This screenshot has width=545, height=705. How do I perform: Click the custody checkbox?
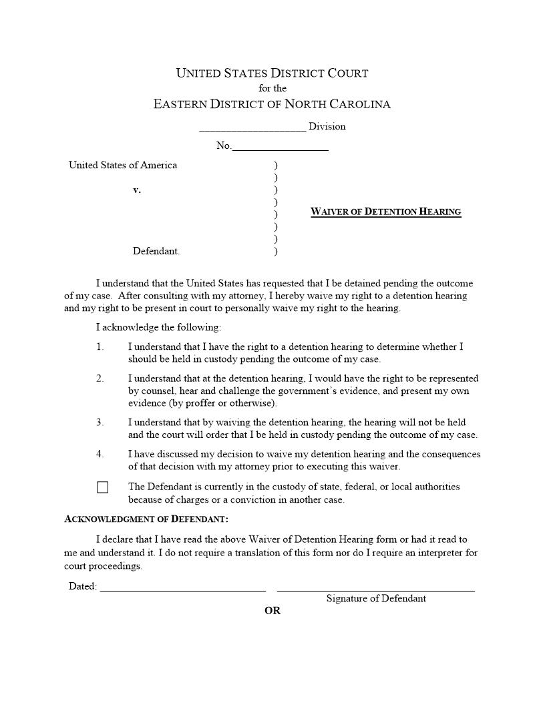point(102,487)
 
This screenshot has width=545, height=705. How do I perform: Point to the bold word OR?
point(272,611)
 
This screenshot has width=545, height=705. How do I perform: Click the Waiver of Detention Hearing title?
point(386,212)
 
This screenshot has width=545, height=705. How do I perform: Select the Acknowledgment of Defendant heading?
point(146,519)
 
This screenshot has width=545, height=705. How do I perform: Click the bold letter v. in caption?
point(137,190)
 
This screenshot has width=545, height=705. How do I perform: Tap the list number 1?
point(100,346)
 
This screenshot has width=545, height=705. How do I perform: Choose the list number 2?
point(100,379)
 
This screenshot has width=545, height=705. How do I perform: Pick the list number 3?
point(100,423)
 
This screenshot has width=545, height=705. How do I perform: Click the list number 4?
point(100,455)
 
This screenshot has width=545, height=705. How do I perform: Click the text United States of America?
point(123,165)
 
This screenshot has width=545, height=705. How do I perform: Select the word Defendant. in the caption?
point(156,252)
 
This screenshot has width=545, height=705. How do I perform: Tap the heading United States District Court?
point(272,73)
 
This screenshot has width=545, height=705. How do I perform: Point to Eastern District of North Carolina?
point(272,104)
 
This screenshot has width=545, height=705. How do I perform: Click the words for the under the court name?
point(272,88)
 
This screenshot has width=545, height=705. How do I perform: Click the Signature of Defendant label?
point(376,599)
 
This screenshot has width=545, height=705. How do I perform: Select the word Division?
point(327,126)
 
